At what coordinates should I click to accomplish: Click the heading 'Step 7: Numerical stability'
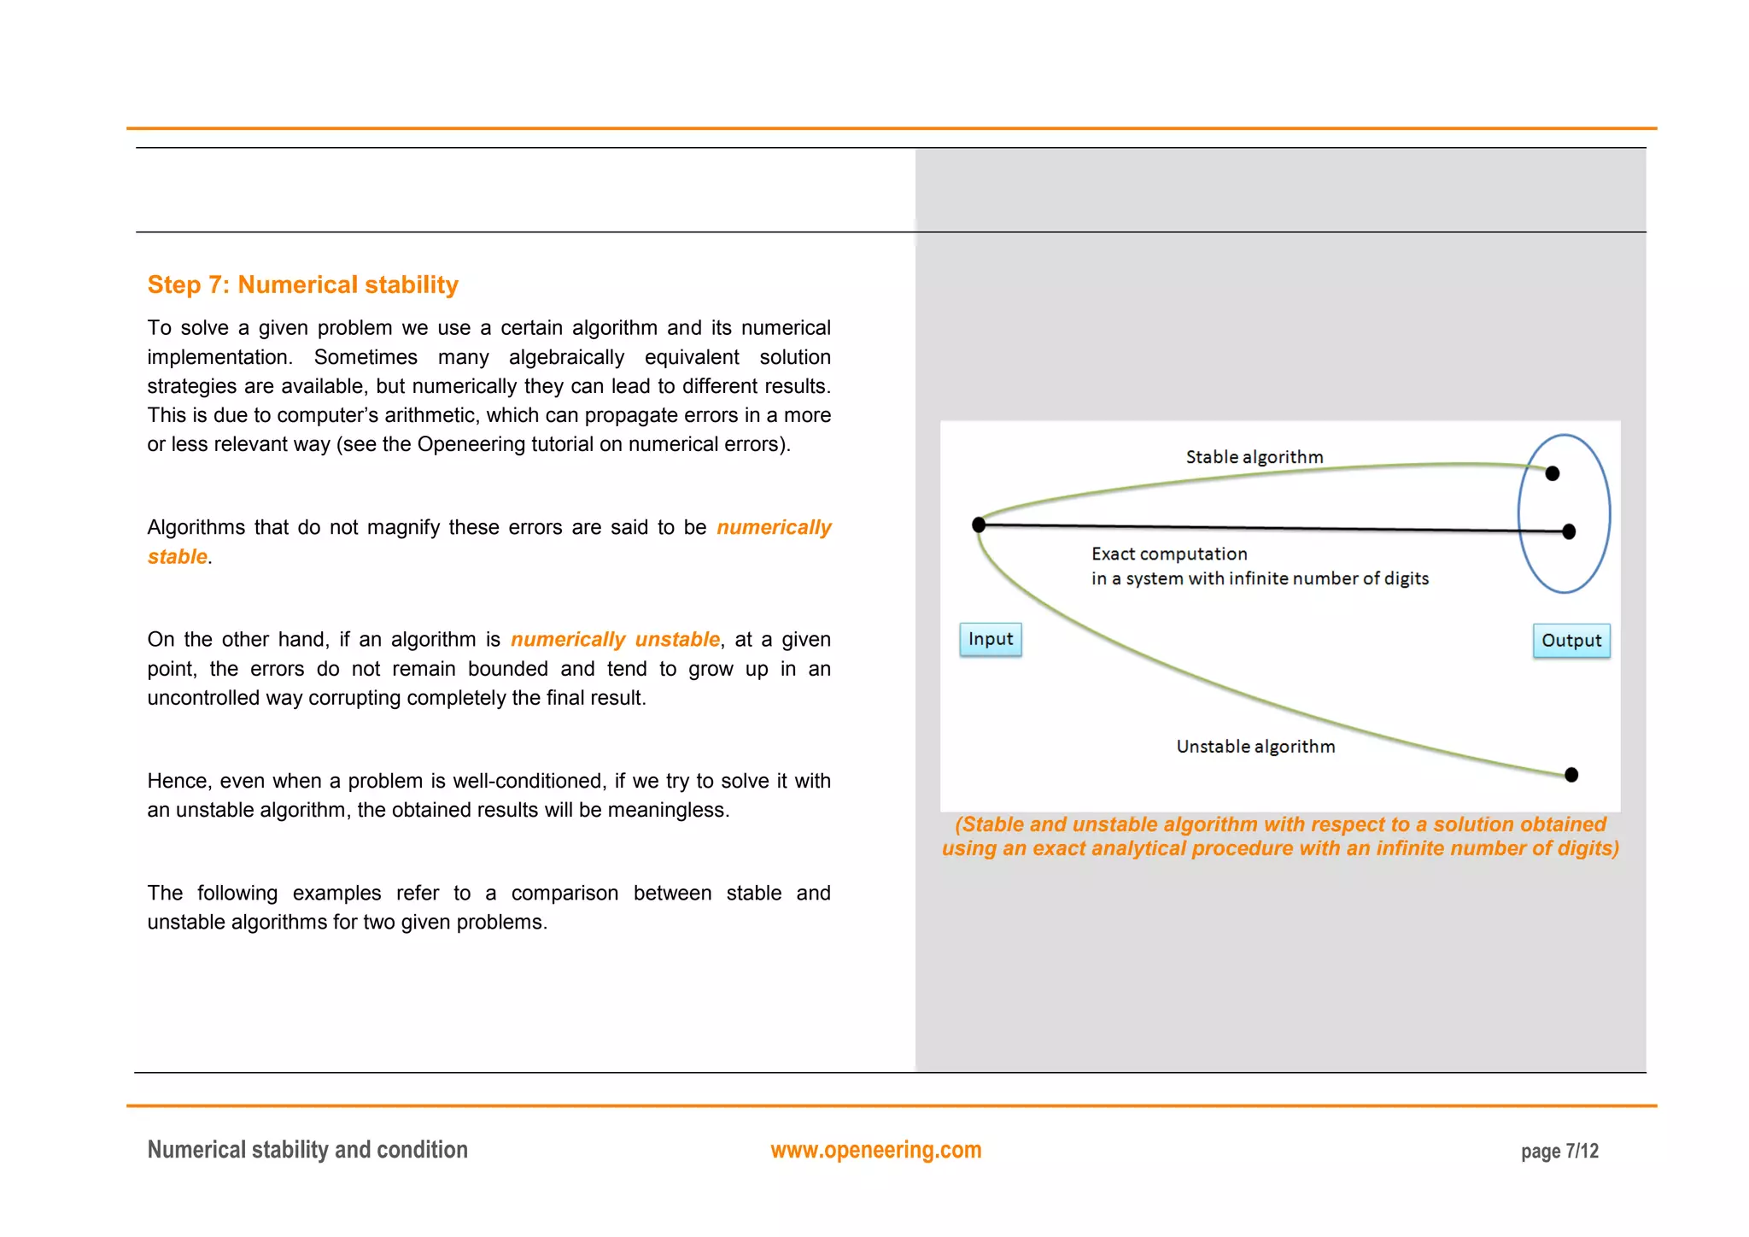[302, 284]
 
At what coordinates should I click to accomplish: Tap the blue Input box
[990, 639]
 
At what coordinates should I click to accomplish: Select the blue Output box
[1571, 641]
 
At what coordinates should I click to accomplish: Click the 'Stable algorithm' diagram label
[1254, 457]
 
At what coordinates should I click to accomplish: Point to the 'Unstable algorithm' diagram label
[1255, 747]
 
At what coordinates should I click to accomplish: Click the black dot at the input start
[979, 525]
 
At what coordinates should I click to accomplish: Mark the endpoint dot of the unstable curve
[1571, 775]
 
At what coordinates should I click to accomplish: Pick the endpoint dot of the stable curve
[1552, 473]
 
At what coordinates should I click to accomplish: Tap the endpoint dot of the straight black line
[1568, 531]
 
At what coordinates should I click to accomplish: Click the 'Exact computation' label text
[1168, 554]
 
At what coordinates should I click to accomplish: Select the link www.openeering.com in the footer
[875, 1150]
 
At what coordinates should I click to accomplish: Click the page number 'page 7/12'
[1559, 1152]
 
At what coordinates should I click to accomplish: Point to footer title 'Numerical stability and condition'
[307, 1150]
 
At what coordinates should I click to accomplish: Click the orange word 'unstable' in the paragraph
[677, 639]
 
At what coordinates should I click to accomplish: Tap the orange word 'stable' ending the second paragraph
[178, 557]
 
